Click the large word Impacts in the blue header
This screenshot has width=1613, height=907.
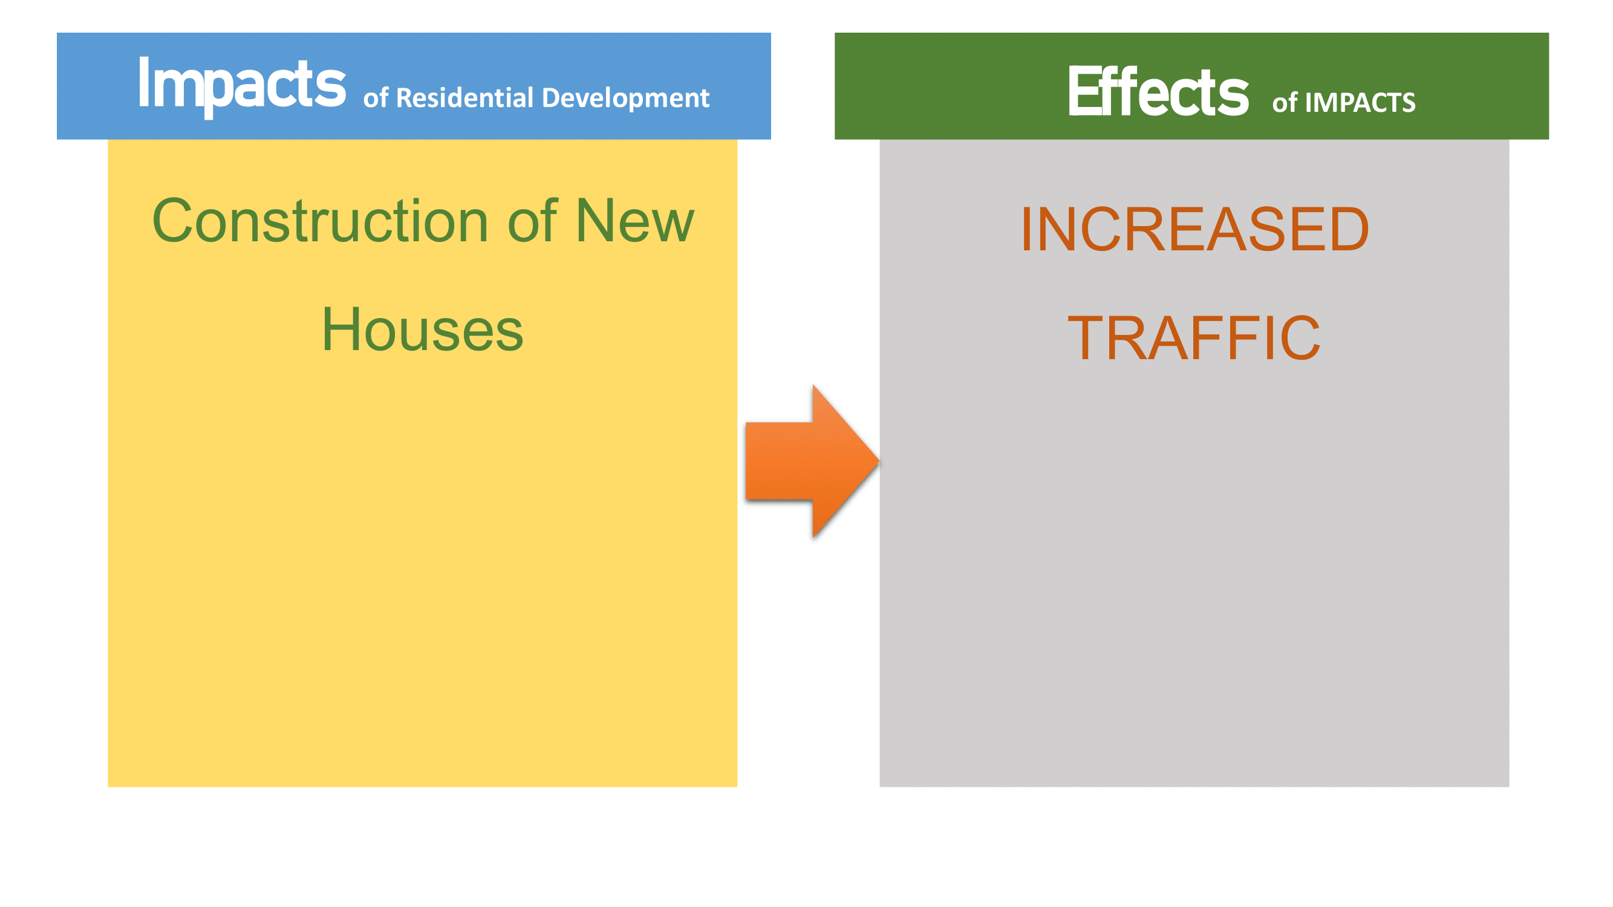[242, 86]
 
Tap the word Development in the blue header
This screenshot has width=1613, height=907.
[625, 99]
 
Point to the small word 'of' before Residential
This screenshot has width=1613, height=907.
[376, 99]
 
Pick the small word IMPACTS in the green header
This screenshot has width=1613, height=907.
[1360, 103]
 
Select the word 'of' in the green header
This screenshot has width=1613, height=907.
[1285, 103]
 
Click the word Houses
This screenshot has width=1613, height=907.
[423, 330]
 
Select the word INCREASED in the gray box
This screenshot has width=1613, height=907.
[1194, 229]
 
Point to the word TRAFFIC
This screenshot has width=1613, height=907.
[1194, 338]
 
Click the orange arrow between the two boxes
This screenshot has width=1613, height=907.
[812, 461]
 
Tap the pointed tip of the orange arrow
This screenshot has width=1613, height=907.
[879, 461]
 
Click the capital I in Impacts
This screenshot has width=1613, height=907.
[143, 82]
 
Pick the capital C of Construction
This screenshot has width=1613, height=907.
[174, 220]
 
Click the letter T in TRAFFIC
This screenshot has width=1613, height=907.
[1086, 338]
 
